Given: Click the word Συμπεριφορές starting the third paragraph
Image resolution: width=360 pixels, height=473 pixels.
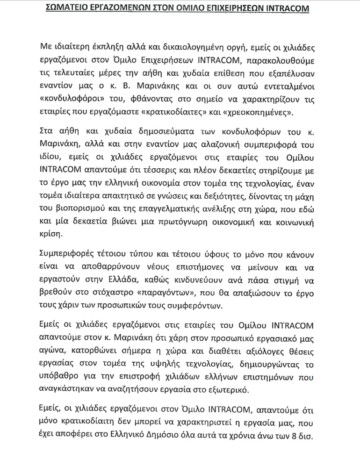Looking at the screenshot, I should [69, 255].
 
